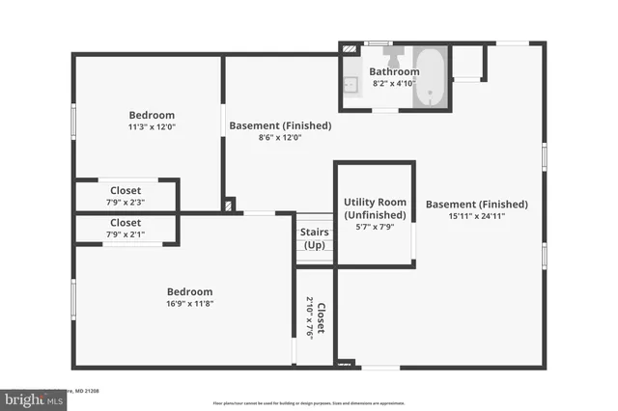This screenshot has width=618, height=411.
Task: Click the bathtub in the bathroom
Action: coord(431,76)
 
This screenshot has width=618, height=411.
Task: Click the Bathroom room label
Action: coord(394,71)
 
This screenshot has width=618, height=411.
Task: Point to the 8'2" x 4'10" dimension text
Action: coord(394,84)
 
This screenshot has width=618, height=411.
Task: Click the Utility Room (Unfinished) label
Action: coord(373,208)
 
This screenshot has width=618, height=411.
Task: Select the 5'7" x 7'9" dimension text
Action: coord(373,228)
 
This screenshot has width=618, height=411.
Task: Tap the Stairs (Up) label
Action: coord(315,238)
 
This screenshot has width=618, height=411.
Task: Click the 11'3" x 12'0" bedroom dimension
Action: coord(152,126)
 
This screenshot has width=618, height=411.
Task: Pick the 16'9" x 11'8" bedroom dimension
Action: coord(189,304)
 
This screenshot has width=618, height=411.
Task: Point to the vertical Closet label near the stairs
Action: coord(321,319)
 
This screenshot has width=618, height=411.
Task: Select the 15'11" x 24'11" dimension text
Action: coord(476,217)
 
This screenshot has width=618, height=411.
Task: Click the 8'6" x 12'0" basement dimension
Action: coord(280,137)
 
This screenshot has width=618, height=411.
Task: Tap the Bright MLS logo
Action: coord(29,397)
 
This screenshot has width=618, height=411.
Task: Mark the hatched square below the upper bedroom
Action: coord(228,205)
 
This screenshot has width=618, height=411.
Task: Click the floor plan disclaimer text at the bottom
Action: coord(309,403)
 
